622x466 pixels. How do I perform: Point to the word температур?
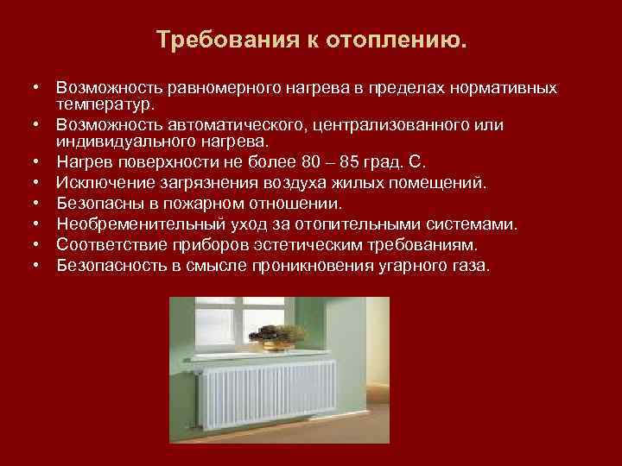(105, 104)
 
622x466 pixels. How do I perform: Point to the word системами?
(470, 224)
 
